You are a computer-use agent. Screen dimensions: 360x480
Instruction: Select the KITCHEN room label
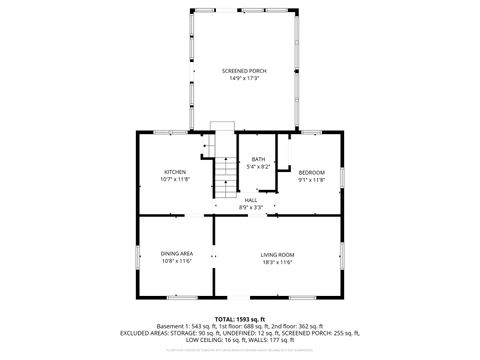176,172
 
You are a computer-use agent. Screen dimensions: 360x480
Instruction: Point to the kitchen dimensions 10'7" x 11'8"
176,180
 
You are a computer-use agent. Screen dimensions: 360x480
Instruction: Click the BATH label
258,160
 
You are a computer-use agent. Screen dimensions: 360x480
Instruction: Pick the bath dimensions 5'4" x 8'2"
258,167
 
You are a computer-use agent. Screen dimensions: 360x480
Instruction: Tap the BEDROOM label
312,173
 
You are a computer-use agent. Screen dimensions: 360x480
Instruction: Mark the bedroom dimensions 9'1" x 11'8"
312,180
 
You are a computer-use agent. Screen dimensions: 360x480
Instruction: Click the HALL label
252,200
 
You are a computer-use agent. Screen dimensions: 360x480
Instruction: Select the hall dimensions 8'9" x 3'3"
252,207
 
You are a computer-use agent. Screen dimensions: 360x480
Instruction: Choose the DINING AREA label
177,254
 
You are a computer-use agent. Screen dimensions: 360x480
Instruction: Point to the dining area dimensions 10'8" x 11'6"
177,261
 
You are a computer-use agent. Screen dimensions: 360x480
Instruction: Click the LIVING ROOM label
277,254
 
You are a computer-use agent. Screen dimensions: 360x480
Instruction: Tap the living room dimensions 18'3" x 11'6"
277,261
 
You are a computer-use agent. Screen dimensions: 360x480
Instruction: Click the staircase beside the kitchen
221,175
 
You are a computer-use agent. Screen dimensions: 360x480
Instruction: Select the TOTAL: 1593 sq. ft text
240,317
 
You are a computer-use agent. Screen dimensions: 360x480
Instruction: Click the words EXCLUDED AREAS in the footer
146,332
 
